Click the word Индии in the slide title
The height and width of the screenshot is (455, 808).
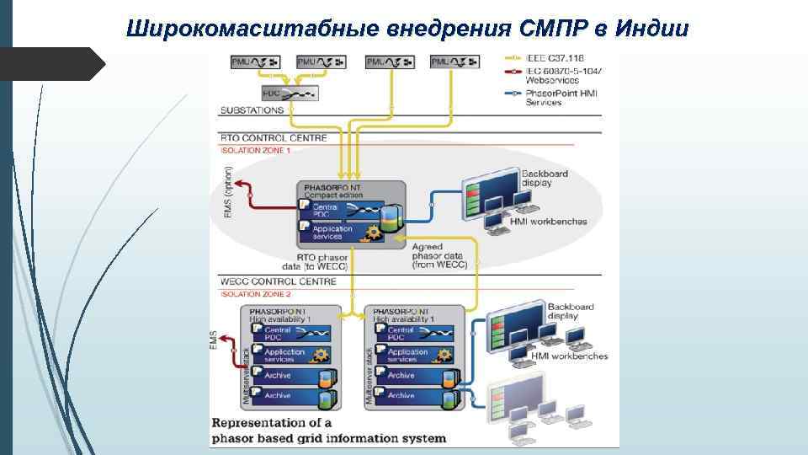(651, 29)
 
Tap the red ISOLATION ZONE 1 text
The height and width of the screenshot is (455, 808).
(255, 150)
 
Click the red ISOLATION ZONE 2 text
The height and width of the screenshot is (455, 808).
(255, 294)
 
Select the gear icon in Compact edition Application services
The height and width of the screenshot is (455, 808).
(370, 233)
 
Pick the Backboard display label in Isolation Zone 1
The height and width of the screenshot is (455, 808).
(545, 178)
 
